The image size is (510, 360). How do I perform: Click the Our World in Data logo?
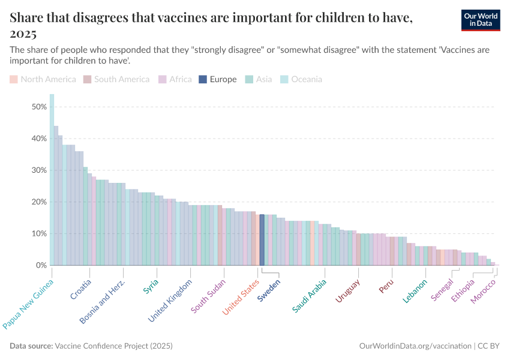tap(481, 20)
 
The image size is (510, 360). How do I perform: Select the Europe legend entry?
tap(218, 79)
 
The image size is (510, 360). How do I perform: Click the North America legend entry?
tap(43, 79)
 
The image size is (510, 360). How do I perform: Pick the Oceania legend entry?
tap(302, 79)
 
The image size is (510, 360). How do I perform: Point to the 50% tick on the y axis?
tap(39, 107)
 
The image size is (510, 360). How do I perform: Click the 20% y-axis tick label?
tap(39, 202)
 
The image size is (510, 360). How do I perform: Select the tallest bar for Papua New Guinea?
tap(52, 179)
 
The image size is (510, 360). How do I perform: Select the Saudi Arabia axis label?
tap(310, 295)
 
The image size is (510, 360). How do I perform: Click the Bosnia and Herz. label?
tap(103, 302)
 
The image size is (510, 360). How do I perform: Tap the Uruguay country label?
tap(347, 291)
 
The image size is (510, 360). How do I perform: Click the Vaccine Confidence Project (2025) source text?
tap(113, 346)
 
